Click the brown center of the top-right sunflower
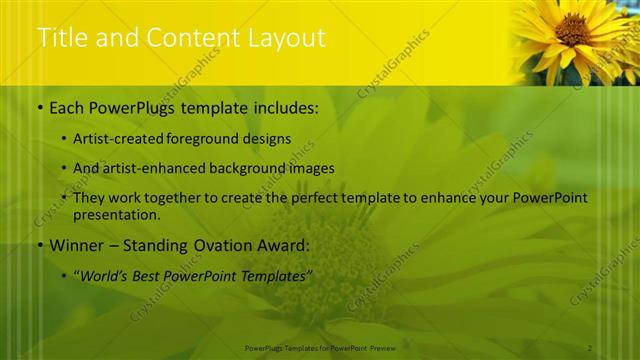point(573,29)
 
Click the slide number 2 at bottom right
point(591,347)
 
